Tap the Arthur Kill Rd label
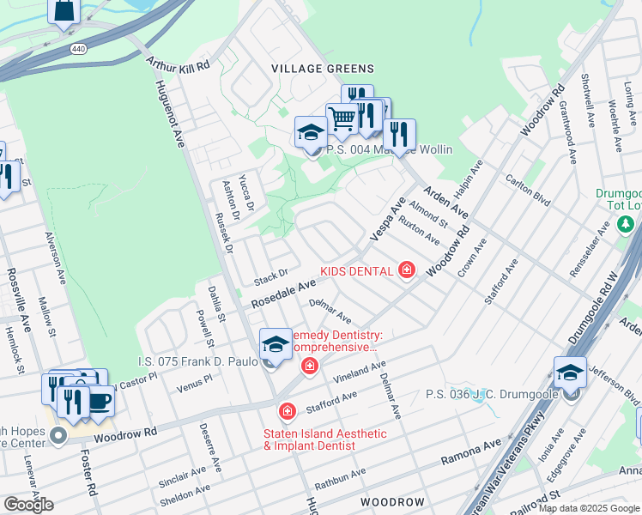(x=179, y=65)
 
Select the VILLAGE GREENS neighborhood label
(x=323, y=69)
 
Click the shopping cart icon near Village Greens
(x=342, y=118)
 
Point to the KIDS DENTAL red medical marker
(x=407, y=271)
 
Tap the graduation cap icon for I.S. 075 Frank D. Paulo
(x=276, y=343)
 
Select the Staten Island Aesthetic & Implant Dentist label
(x=324, y=439)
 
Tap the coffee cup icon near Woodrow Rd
(x=100, y=401)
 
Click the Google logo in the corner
(x=28, y=505)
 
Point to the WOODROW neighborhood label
(x=392, y=501)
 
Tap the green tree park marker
(x=627, y=225)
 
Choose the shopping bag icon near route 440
(x=64, y=11)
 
